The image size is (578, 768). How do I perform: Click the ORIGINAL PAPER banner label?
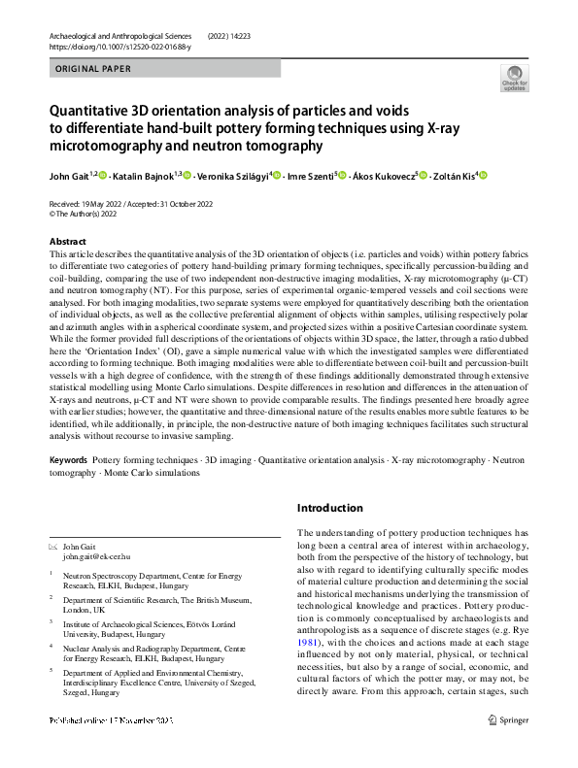[88, 69]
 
